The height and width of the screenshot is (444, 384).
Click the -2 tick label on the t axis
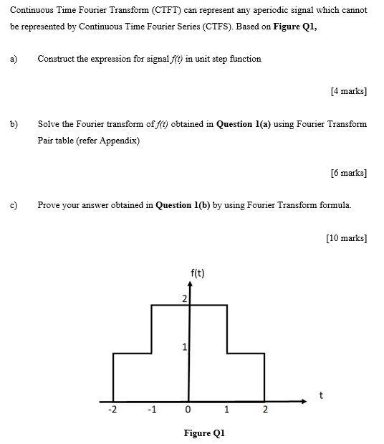(111, 410)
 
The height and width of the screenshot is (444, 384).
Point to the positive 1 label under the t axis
(226, 410)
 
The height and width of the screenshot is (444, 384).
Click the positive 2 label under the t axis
(264, 410)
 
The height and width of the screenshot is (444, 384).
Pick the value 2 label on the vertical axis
(183, 298)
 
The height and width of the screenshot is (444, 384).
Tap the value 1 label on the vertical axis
(184, 348)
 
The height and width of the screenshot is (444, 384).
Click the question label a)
(14, 59)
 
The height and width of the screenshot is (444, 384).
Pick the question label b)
(14, 124)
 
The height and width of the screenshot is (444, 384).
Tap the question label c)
(14, 205)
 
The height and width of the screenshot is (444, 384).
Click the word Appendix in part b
(119, 141)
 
